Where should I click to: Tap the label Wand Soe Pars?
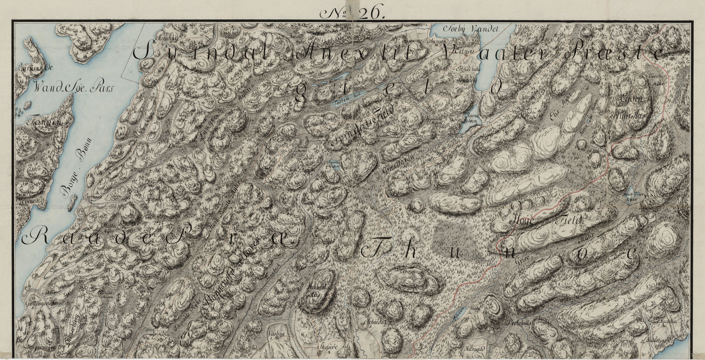point(73,88)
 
